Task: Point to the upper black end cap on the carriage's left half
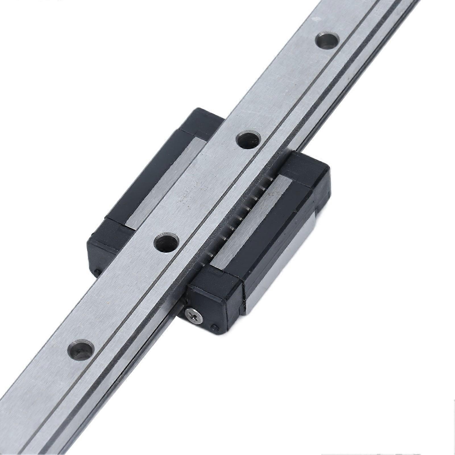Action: [x=199, y=122]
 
